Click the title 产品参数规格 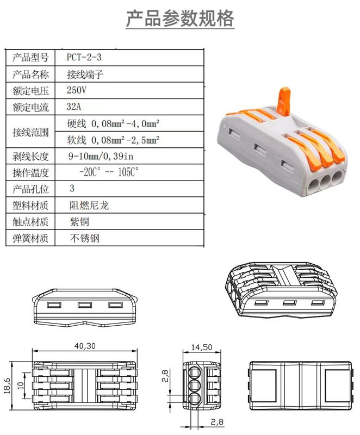click(180, 19)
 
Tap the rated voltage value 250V click(76, 89)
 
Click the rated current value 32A click(75, 105)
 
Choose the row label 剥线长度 click(30, 157)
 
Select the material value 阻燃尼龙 click(85, 206)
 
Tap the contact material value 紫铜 click(79, 222)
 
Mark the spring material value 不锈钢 click(85, 238)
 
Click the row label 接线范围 click(30, 132)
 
